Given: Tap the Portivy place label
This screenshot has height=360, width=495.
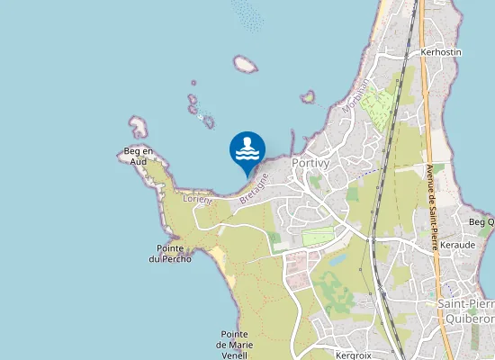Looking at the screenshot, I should [x=310, y=163].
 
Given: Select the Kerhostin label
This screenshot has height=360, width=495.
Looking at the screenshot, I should [x=440, y=52].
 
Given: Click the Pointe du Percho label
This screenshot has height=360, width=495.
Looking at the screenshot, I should [x=170, y=254].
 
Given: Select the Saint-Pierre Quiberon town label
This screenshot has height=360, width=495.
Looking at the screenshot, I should [x=465, y=311].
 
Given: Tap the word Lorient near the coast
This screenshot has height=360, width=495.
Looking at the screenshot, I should [x=197, y=199].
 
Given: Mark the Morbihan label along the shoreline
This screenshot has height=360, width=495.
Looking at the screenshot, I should [x=355, y=96].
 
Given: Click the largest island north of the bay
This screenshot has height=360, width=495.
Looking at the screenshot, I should [x=245, y=65].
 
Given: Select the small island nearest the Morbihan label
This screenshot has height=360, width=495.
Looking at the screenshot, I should [x=309, y=95].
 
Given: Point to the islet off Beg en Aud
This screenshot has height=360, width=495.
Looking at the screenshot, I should [x=138, y=125].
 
